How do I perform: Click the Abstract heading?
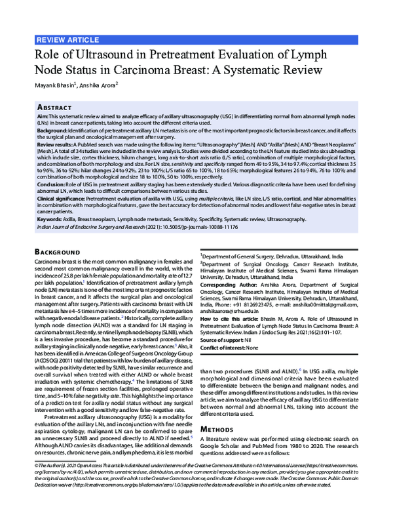(x=54, y=106)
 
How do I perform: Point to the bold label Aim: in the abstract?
(x=43, y=115)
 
